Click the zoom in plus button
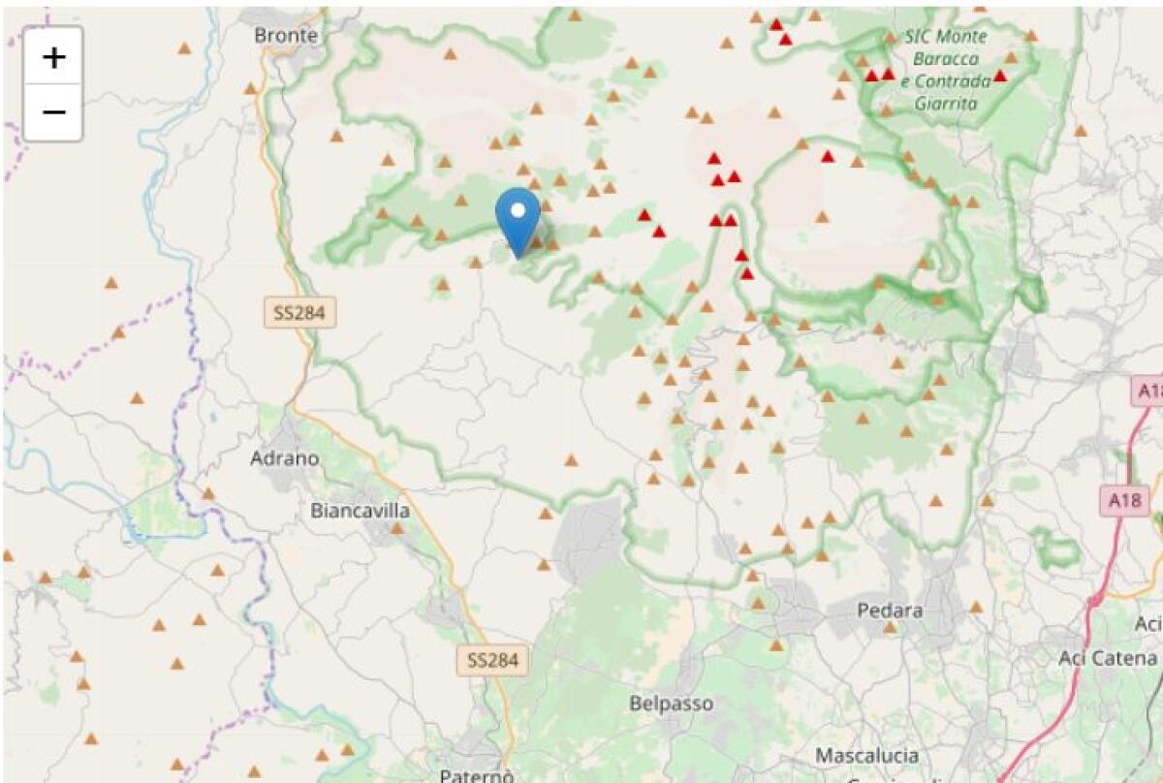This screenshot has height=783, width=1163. tap(53, 57)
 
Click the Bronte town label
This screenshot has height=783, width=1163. tap(285, 35)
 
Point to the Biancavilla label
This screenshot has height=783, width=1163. tap(360, 510)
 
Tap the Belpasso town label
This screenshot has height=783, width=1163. tap(671, 704)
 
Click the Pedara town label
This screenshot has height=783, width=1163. tap(890, 611)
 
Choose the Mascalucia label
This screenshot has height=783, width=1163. tap(866, 755)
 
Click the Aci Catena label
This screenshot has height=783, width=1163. tap(1108, 658)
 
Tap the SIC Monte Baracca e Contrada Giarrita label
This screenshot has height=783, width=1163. tap(945, 70)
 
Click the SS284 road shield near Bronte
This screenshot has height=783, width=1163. tap(299, 312)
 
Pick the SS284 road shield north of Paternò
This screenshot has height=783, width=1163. tap(493, 661)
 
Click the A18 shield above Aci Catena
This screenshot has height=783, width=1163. tap(1124, 501)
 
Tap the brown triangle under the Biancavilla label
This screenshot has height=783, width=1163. tap(396, 528)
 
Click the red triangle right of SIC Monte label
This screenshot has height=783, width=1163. tap(1000, 76)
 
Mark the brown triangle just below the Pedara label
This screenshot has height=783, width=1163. tap(890, 628)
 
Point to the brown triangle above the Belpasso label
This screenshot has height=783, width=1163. tap(775, 644)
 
